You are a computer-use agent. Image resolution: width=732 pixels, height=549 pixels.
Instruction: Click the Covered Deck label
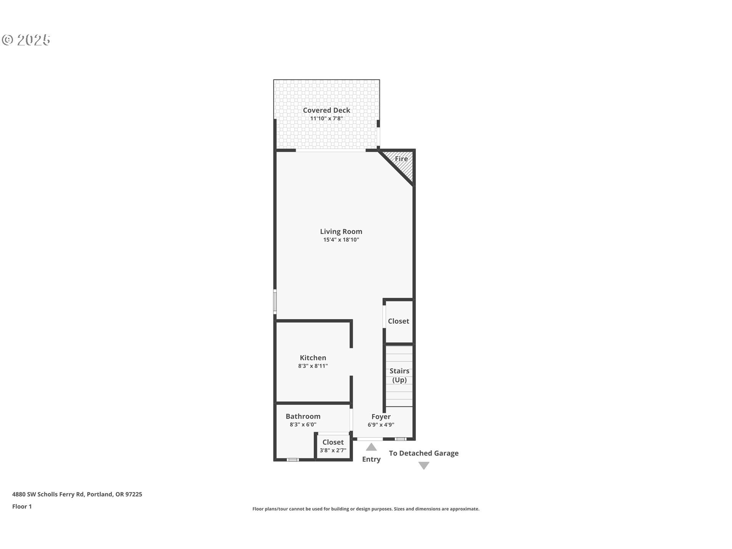[x=326, y=110]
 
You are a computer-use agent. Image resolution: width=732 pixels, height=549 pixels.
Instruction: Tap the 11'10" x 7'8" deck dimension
[x=326, y=119]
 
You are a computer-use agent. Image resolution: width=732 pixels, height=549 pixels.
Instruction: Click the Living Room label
[x=341, y=231]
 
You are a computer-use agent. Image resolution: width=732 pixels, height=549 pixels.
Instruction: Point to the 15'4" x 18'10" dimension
[x=341, y=240]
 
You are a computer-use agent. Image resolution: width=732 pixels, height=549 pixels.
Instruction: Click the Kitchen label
[x=313, y=358]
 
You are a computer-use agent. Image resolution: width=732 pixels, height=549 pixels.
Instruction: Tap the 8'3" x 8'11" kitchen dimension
[x=313, y=366]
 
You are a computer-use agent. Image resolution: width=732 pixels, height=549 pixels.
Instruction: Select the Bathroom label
[x=303, y=416]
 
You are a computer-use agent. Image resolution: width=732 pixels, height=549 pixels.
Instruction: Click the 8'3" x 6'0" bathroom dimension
[x=303, y=425]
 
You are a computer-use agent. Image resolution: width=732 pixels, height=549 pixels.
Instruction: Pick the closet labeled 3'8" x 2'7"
[x=333, y=446]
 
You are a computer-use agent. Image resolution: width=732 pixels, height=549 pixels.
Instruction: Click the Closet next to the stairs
[x=398, y=321]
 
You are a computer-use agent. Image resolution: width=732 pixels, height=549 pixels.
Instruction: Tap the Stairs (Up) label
[x=399, y=375]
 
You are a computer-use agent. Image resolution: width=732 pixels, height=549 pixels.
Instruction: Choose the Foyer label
[x=381, y=417]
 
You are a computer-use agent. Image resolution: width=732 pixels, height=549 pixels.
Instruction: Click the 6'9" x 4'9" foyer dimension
[x=381, y=425]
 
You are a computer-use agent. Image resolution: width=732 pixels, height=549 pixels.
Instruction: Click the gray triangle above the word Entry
[x=371, y=447]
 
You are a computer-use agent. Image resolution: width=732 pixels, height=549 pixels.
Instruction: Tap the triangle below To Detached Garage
[x=424, y=465]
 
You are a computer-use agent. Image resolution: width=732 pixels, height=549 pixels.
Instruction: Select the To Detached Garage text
[x=424, y=453]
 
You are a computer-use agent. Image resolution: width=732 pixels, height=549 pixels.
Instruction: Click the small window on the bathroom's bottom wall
[x=292, y=460]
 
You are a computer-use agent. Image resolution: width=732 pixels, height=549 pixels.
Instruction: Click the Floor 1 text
[x=22, y=506]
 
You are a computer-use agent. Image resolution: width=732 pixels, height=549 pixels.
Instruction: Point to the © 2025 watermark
[x=26, y=40]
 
